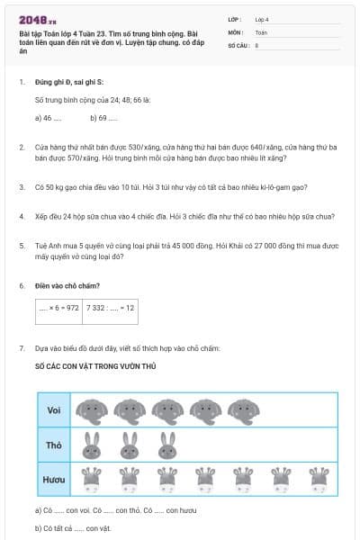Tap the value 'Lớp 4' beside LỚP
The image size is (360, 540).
262,19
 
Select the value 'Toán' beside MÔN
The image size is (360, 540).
261,31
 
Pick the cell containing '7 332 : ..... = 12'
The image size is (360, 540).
111,308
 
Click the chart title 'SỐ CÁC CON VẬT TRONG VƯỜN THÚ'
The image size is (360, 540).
95,368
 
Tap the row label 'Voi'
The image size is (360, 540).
54,411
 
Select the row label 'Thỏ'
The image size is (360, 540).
54,445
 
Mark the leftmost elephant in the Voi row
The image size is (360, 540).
92,411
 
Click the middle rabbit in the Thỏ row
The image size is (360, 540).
130,445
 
